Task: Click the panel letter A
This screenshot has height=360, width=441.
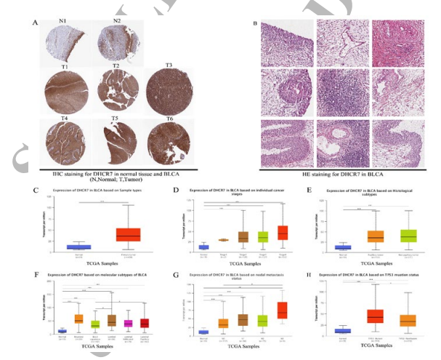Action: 35,23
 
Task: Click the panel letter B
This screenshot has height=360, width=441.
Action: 254,23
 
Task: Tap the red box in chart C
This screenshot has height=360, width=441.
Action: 129,234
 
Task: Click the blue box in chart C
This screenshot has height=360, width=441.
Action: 78,247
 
